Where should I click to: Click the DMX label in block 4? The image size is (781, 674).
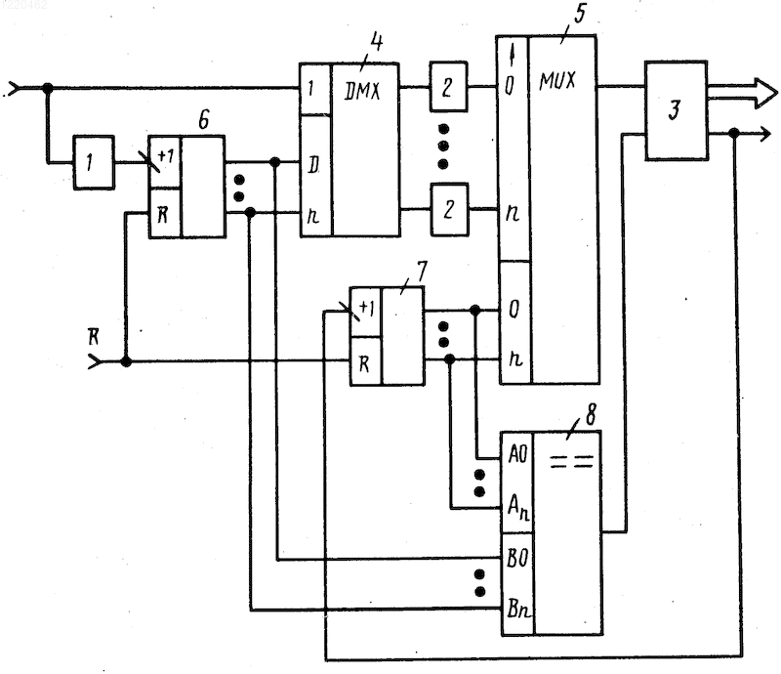pyautogui.click(x=362, y=91)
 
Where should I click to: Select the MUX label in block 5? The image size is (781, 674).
pyautogui.click(x=557, y=81)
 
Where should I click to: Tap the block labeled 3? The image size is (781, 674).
pyautogui.click(x=676, y=110)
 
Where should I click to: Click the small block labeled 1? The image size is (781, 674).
pyautogui.click(x=94, y=162)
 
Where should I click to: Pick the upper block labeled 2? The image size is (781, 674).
pyautogui.click(x=448, y=87)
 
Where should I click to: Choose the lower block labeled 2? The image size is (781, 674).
pyautogui.click(x=449, y=209)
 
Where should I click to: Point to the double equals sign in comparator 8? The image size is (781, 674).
pyautogui.click(x=572, y=462)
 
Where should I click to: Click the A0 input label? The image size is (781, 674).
pyautogui.click(x=517, y=454)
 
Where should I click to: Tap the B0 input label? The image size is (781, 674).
pyautogui.click(x=517, y=558)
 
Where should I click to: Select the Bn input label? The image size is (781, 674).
pyautogui.click(x=518, y=609)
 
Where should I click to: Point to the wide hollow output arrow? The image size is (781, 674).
pyautogui.click(x=742, y=93)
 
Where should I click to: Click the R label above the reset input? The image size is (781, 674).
pyautogui.click(x=93, y=338)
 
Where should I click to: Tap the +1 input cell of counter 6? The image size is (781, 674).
pyautogui.click(x=165, y=162)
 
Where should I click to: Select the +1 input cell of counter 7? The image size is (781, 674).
pyautogui.click(x=366, y=312)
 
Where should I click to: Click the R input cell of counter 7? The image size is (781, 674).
pyautogui.click(x=366, y=360)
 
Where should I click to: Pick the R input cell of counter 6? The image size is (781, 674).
pyautogui.click(x=165, y=213)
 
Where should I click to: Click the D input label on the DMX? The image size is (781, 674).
pyautogui.click(x=312, y=165)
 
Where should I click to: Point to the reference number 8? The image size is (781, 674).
pyautogui.click(x=591, y=415)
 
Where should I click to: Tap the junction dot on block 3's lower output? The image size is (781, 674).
pyautogui.click(x=733, y=133)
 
